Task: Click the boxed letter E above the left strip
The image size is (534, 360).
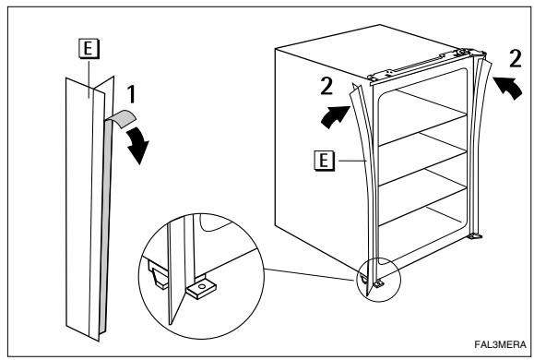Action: tap(89, 48)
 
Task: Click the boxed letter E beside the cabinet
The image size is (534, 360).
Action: tap(324, 161)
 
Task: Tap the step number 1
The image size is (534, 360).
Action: tap(131, 94)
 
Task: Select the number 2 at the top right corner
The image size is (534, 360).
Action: tap(516, 58)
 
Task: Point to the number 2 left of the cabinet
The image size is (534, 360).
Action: tap(326, 86)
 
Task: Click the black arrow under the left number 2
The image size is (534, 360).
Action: tap(335, 117)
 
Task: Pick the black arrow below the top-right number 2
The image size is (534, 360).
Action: tap(508, 88)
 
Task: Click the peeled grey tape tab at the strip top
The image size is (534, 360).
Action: tap(121, 118)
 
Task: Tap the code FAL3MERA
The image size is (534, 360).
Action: tap(500, 344)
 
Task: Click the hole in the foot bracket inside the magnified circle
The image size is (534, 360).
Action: tap(202, 286)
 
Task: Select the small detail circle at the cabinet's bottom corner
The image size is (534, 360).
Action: tap(379, 280)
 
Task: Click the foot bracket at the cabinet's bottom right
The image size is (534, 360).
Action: tap(475, 235)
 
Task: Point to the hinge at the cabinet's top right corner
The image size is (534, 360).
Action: tap(475, 53)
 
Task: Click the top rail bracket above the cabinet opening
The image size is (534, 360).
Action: tap(419, 66)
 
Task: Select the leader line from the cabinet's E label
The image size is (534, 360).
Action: tap(353, 161)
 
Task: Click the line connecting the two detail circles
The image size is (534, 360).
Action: tap(309, 275)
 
